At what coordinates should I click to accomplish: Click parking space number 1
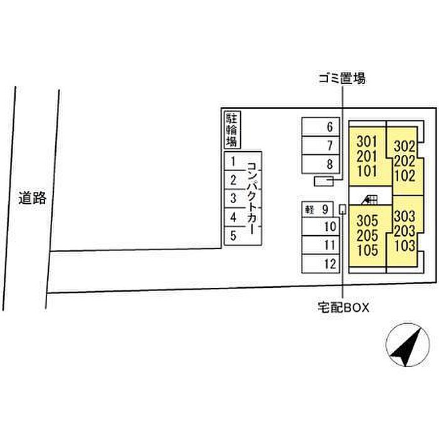point(233,161)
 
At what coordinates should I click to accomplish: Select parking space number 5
point(233,236)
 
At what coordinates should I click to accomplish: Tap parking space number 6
point(329,127)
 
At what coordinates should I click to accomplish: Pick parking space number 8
point(329,166)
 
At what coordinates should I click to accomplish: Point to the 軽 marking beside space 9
point(309,210)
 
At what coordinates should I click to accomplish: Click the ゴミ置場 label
point(342,79)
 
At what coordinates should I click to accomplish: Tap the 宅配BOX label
point(343,307)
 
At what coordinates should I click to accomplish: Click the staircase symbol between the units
point(369,199)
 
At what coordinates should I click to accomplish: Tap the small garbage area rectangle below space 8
point(324,181)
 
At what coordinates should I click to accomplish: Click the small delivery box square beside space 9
point(342,209)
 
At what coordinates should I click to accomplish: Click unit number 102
point(405,175)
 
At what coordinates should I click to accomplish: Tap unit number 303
point(405,215)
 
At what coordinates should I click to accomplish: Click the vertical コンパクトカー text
point(251,199)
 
